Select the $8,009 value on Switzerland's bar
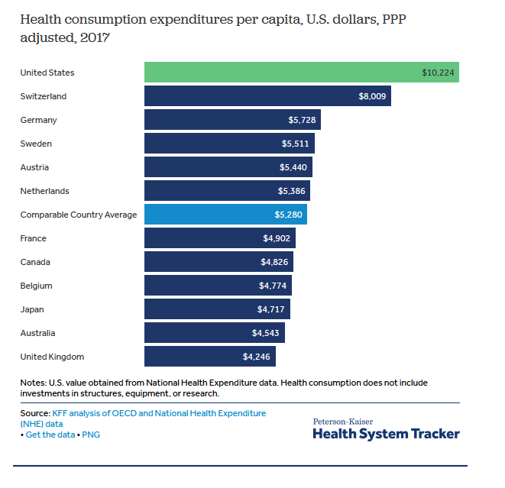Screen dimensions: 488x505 (x=373, y=96)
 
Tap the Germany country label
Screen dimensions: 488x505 (x=38, y=120)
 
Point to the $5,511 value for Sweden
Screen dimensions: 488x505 (x=296, y=144)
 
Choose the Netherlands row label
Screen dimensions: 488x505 (x=44, y=191)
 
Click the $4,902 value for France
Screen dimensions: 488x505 (x=277, y=238)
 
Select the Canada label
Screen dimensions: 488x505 (x=35, y=262)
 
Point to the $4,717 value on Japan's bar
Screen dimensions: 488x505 (x=272, y=309)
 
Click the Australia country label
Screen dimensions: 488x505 (x=37, y=333)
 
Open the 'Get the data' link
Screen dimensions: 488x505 (x=50, y=435)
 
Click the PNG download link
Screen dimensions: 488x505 (x=91, y=435)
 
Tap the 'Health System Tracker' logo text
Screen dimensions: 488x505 (x=386, y=434)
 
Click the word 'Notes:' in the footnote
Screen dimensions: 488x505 (x=34, y=383)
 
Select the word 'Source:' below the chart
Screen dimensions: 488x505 (x=36, y=413)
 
